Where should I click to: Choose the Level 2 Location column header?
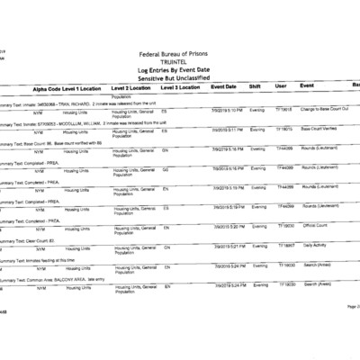point(130,88)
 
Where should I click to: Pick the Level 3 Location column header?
point(181,88)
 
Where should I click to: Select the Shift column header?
point(256,87)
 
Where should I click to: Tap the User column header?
point(281,87)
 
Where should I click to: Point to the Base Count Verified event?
point(320,130)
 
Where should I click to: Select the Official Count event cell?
point(316,226)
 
